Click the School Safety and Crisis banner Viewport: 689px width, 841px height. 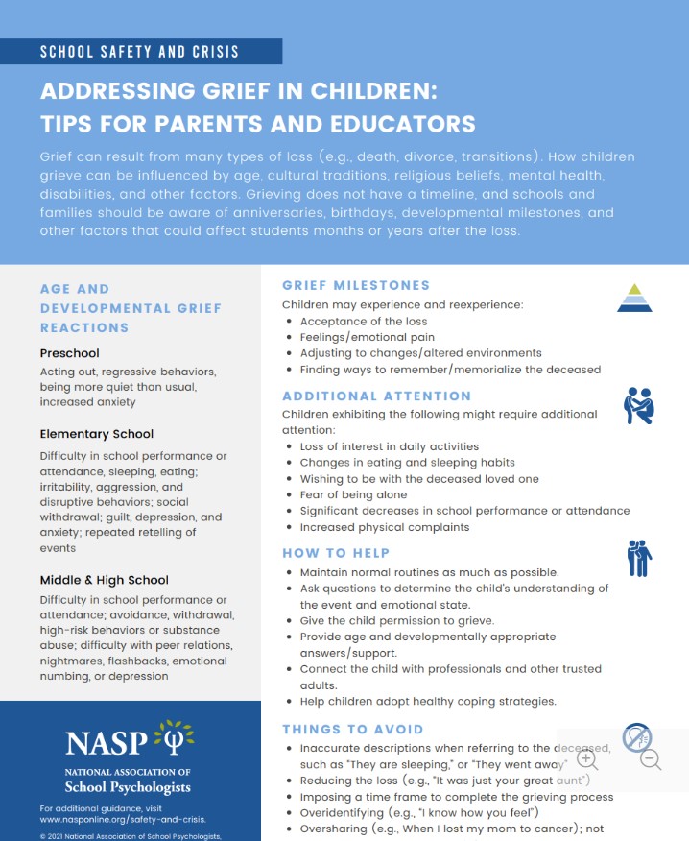click(140, 51)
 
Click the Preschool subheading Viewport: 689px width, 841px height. click(70, 353)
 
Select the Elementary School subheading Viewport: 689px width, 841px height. click(97, 434)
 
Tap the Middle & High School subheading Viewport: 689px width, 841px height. click(105, 580)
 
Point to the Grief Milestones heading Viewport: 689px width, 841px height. click(356, 285)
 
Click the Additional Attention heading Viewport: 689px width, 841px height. click(377, 396)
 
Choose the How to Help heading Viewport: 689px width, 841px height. click(336, 553)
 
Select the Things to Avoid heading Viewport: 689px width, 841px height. click(352, 730)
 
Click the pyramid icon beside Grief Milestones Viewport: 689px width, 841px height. click(634, 299)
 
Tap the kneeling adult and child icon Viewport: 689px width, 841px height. click(638, 406)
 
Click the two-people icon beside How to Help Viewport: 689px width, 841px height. click(639, 558)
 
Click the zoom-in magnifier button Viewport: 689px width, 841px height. click(587, 759)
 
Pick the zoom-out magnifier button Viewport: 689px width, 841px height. click(651, 759)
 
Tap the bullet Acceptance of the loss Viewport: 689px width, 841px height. click(364, 322)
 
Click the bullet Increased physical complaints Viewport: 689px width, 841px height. click(385, 527)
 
